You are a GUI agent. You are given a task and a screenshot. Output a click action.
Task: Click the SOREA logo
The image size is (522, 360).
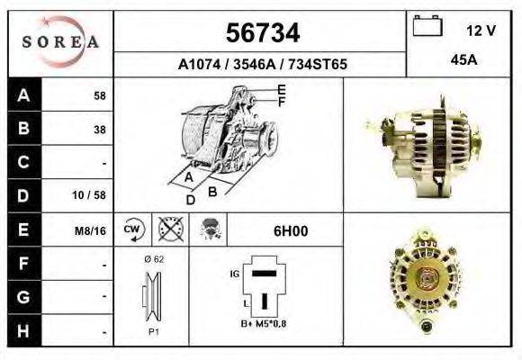pos(61,41)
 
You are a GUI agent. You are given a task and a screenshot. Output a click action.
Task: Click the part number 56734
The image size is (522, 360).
pos(261,33)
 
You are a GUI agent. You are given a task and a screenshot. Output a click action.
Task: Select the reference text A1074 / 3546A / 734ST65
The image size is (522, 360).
pos(261,65)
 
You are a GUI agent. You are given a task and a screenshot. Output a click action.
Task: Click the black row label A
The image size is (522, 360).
pos(23,95)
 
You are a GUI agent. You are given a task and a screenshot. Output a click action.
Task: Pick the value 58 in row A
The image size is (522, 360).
pos(99,96)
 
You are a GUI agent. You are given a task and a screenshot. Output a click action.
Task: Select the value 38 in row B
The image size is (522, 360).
pos(99,129)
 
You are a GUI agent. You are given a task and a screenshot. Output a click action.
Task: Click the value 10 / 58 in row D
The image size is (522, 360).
pos(94,194)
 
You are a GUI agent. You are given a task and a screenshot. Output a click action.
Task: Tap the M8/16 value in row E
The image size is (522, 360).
pos(92,230)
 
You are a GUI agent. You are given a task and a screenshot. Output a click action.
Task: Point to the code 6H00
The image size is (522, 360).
pos(291,230)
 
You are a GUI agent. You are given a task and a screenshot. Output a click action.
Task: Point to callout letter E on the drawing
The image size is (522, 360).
pos(281,89)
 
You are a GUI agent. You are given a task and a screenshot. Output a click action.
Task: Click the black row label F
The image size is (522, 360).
pos(23,264)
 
